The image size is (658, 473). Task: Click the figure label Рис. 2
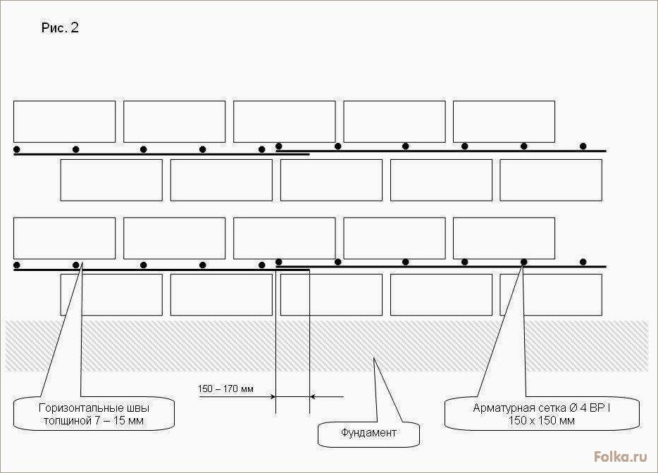[x=60, y=27]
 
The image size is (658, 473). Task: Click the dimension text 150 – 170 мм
[x=225, y=389]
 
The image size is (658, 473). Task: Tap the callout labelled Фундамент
[x=368, y=434]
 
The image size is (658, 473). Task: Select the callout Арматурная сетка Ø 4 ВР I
[x=542, y=414]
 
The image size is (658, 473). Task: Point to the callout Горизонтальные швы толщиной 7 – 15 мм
[x=94, y=414]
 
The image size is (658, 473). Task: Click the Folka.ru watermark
[x=621, y=457]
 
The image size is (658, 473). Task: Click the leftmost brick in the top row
[x=64, y=122]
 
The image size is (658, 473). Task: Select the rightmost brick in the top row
[x=504, y=122]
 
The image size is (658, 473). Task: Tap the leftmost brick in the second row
[x=111, y=180]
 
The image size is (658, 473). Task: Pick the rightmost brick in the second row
[x=551, y=180]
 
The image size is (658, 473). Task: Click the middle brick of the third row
[x=284, y=238]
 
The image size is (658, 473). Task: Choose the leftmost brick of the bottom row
[x=111, y=295]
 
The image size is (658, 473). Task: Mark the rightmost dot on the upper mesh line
[x=583, y=146]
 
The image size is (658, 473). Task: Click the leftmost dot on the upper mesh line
[x=17, y=149]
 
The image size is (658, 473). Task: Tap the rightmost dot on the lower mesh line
[x=583, y=262]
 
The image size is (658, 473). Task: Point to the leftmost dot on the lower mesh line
[x=17, y=265]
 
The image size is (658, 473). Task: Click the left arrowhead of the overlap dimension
[x=273, y=396]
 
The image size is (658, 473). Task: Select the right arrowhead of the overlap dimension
[x=313, y=396]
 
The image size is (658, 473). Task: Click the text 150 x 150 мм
[x=541, y=421]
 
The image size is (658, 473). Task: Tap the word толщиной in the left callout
[x=67, y=421]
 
